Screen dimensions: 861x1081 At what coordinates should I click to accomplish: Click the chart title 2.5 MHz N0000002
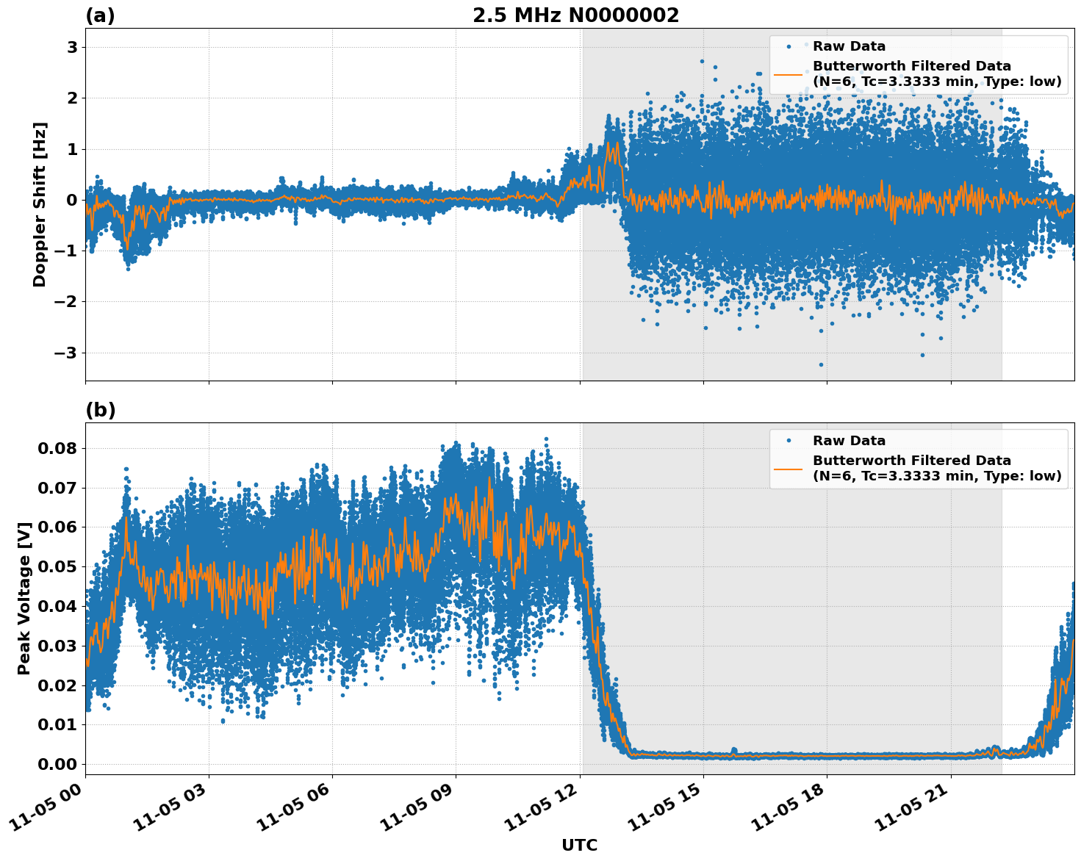point(575,15)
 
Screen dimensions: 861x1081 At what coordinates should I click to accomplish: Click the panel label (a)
point(100,15)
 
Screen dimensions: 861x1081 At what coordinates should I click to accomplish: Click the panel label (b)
point(100,410)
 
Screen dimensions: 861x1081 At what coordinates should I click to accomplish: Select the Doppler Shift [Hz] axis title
point(40,204)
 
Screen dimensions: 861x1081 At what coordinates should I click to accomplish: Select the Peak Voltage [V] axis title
point(24,598)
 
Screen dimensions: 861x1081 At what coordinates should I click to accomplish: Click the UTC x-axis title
point(579,845)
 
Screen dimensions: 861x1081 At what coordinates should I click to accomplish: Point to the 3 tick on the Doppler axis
point(72,48)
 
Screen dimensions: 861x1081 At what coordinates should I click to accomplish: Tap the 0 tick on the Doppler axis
point(72,200)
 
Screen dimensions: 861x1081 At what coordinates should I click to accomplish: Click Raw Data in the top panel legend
point(849,46)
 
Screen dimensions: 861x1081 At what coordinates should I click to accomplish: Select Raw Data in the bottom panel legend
point(849,441)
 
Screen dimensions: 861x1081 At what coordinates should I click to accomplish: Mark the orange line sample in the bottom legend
point(788,468)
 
